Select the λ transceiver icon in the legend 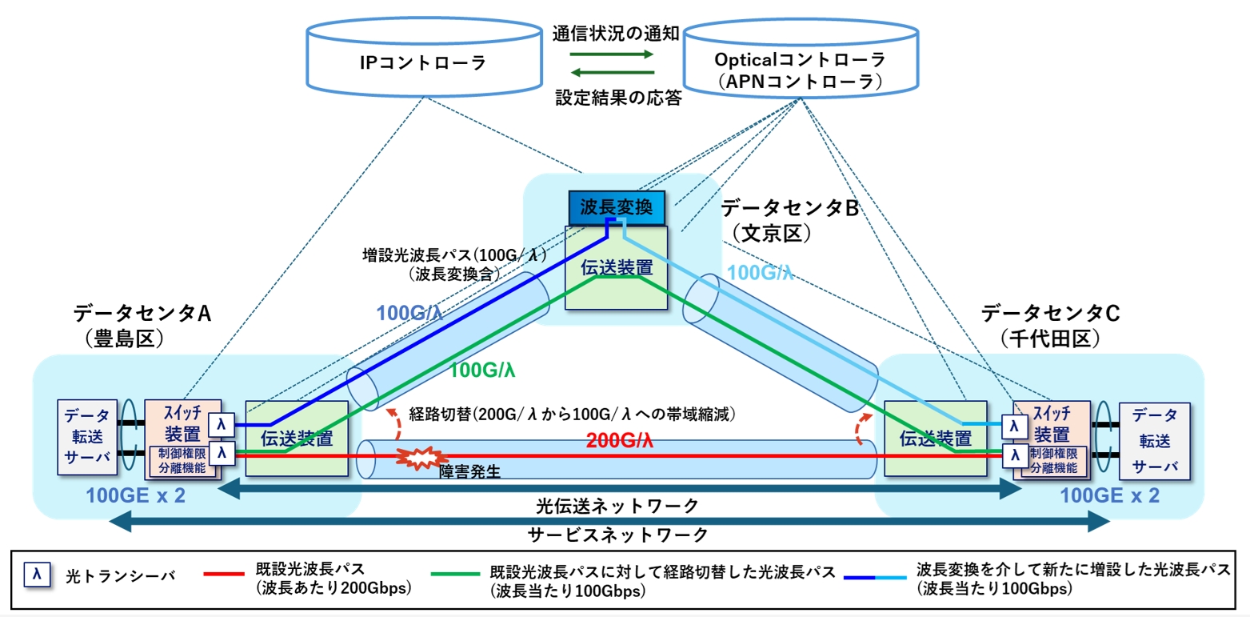(x=38, y=574)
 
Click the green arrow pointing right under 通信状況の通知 (x=612, y=54)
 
